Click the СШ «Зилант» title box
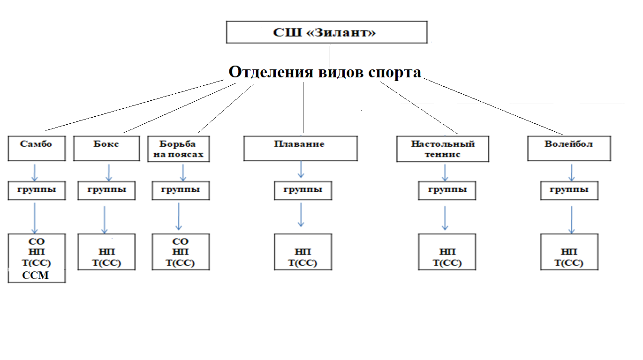click(x=326, y=32)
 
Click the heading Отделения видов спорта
click(x=325, y=72)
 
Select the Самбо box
click(x=36, y=149)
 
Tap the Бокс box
click(x=106, y=149)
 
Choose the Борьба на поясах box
click(x=178, y=149)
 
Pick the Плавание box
click(x=300, y=149)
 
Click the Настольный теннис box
click(x=443, y=149)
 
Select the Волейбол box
click(x=569, y=149)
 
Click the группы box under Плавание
click(x=303, y=190)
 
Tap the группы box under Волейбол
click(x=569, y=190)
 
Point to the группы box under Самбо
click(x=37, y=190)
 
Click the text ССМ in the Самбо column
click(x=36, y=276)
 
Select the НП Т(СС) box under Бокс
click(x=106, y=257)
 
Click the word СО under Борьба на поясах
click(x=181, y=241)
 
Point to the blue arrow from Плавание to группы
click(x=301, y=170)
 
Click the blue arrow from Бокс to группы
click(x=109, y=172)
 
